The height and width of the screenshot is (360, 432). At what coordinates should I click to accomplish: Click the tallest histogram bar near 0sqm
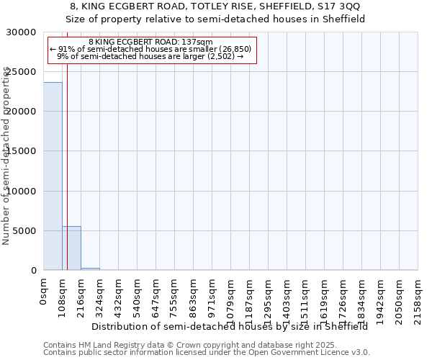(53, 176)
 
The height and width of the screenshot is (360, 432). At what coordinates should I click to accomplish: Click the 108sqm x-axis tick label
(63, 294)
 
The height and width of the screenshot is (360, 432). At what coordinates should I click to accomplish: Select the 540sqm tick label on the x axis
(138, 294)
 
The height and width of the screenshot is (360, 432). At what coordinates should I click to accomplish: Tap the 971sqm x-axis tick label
(212, 294)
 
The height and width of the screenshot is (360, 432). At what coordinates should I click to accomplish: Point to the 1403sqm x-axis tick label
(287, 296)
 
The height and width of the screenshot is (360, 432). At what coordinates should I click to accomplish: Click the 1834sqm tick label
(362, 296)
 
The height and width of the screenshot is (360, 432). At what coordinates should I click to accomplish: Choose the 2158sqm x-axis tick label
(418, 296)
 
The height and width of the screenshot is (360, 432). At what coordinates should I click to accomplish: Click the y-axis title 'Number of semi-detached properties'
(6, 156)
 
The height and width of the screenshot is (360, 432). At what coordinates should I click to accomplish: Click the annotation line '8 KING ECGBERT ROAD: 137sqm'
(150, 42)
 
